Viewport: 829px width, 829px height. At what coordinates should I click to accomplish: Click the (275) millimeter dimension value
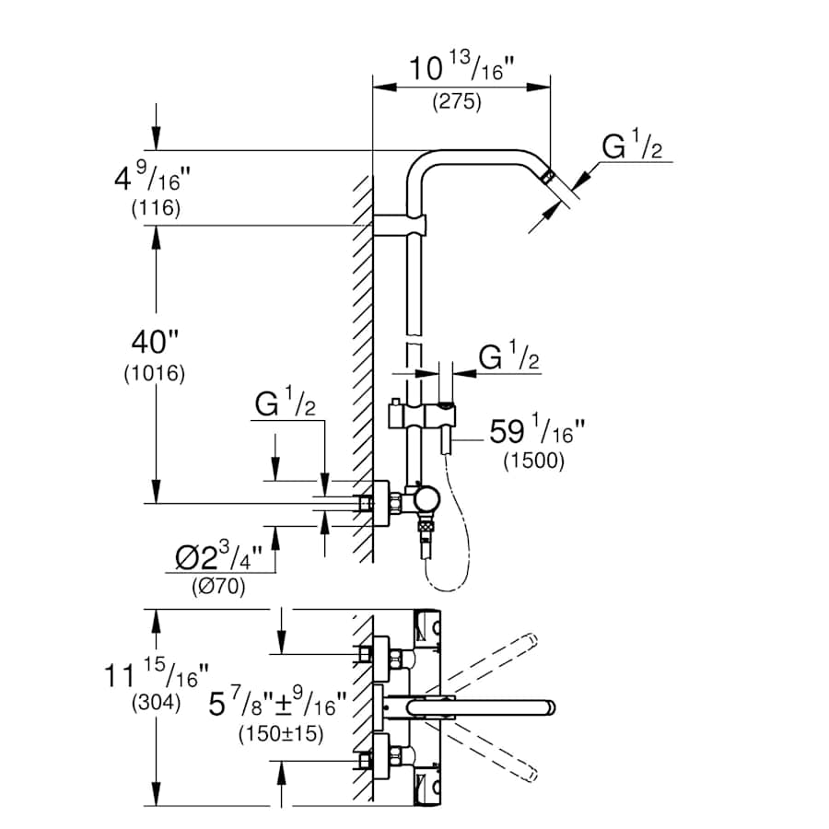457,103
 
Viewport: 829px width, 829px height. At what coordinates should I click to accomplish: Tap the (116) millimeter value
155,208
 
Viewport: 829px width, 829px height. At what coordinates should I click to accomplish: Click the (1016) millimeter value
154,374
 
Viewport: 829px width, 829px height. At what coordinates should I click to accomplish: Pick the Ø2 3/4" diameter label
218,556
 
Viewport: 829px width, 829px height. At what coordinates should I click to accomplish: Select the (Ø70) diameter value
218,587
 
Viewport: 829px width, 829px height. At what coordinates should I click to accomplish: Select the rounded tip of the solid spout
550,708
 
